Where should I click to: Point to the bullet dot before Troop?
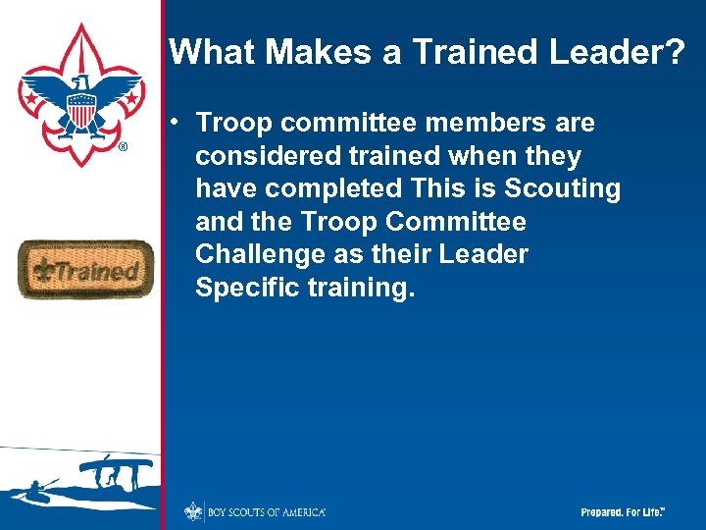172,124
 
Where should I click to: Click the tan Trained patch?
86,270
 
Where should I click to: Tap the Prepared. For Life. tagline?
624,512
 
